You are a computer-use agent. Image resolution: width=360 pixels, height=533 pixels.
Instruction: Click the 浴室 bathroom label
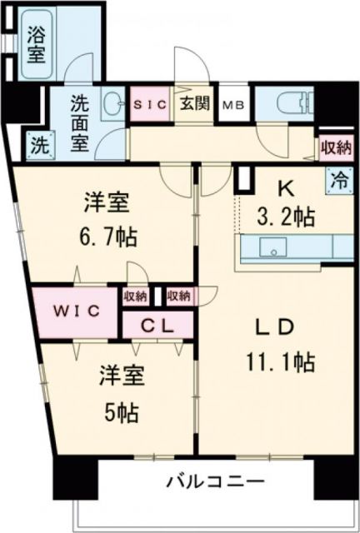36,45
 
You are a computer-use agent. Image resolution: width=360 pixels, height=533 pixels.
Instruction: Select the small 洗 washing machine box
39,142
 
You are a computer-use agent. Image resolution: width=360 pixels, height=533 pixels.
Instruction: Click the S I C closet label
151,106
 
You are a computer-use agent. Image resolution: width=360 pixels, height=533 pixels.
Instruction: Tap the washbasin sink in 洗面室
113,105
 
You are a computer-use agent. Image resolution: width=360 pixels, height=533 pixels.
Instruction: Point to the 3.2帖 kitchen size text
286,218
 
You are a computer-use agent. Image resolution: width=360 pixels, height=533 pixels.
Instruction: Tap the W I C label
77,311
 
